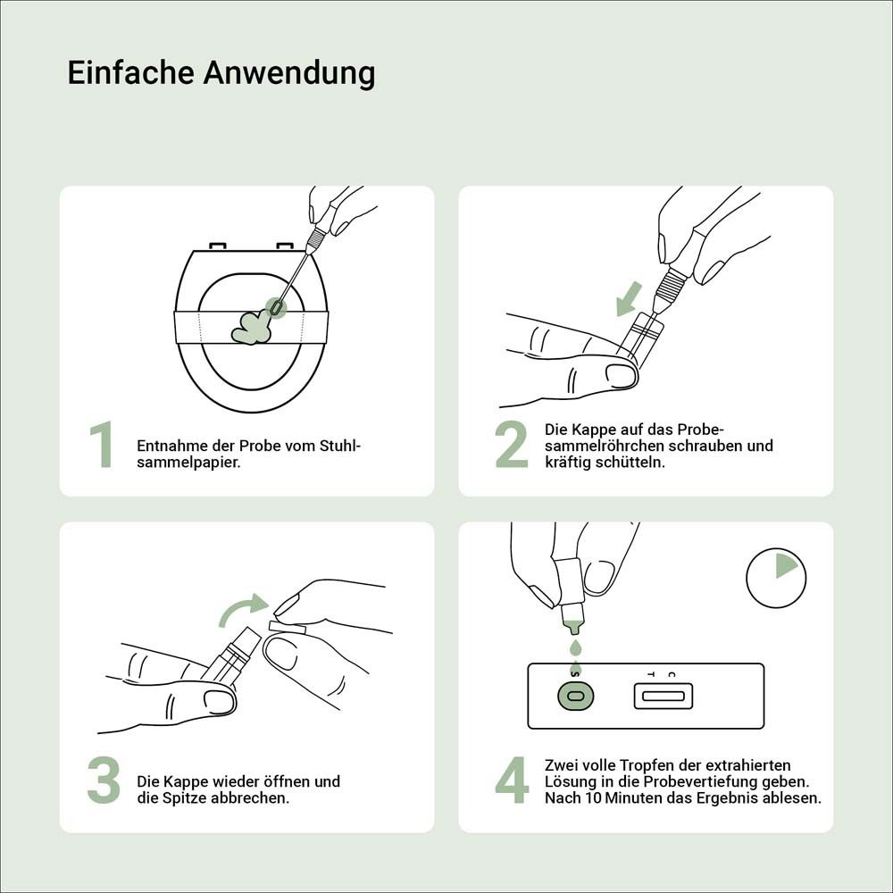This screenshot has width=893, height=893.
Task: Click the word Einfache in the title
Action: (x=130, y=72)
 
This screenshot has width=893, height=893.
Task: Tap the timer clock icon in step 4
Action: (x=776, y=578)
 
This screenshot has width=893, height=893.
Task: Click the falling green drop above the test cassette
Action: (x=575, y=646)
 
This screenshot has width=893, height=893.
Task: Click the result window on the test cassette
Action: (x=663, y=695)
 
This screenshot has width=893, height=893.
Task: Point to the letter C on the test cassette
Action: (x=672, y=674)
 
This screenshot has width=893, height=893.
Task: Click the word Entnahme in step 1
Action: (x=168, y=446)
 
